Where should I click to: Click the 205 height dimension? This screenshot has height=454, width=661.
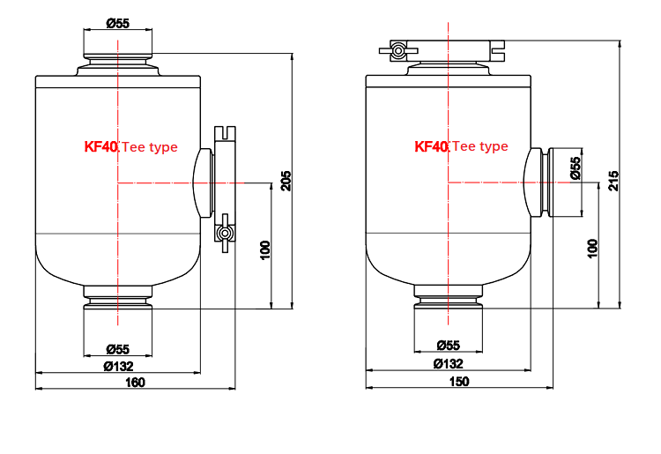click(x=286, y=181)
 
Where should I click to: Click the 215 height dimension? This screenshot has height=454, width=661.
click(x=613, y=181)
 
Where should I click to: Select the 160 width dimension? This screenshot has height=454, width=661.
click(x=136, y=383)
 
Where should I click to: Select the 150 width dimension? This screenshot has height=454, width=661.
click(x=459, y=382)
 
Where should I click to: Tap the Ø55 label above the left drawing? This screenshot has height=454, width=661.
click(x=117, y=23)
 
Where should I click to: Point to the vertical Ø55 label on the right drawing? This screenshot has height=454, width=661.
click(x=576, y=168)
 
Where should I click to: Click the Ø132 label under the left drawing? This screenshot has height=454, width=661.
click(x=118, y=367)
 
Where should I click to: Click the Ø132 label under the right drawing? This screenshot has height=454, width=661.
click(x=448, y=363)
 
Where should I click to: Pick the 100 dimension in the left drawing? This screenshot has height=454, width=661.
click(x=265, y=250)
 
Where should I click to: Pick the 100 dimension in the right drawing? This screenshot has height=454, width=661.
click(x=592, y=249)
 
